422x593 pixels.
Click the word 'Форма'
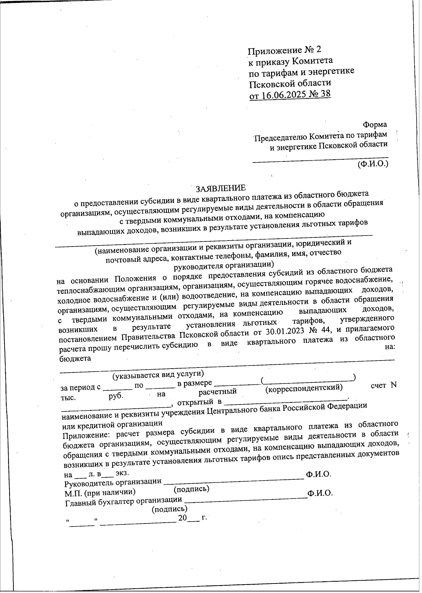tap(375, 125)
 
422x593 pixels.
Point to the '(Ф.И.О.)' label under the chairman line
tap(373, 164)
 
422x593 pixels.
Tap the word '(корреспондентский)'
tap(304, 388)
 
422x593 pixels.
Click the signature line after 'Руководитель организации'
tap(234, 478)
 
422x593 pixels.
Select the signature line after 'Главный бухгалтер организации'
tap(245, 497)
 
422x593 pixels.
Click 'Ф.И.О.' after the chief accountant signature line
tap(320, 493)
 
